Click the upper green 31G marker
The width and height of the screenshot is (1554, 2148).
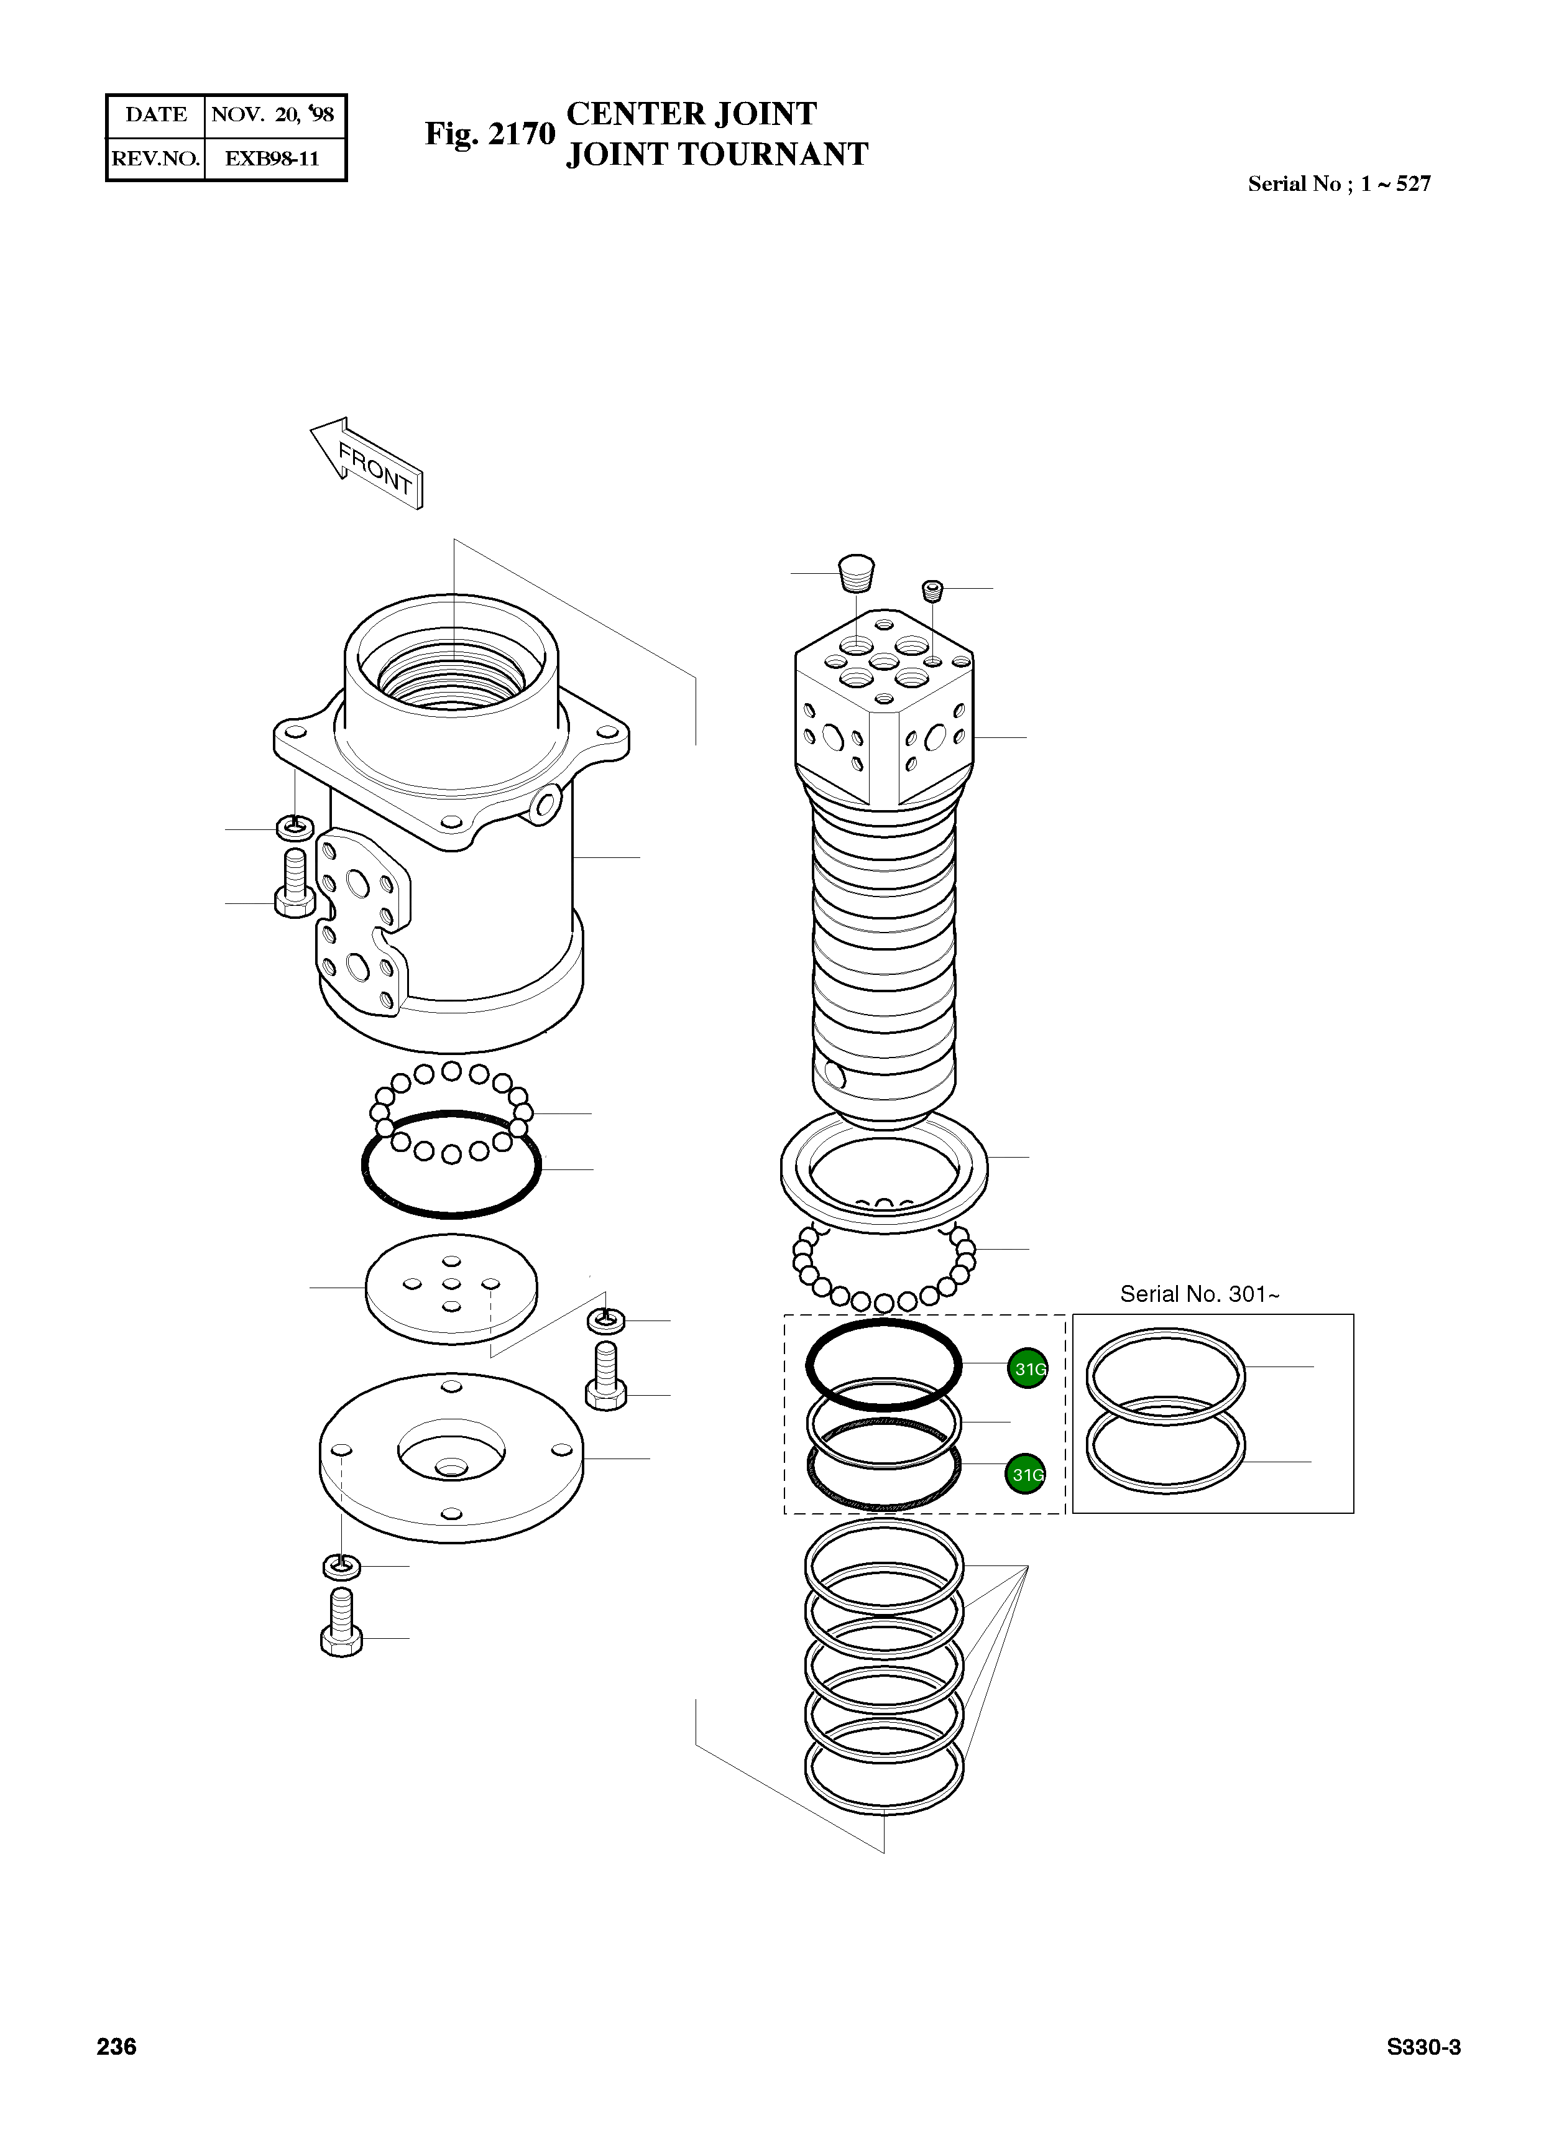(x=1028, y=1368)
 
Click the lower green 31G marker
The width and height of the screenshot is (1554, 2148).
(x=1026, y=1473)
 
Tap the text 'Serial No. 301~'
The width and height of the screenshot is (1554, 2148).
(x=1199, y=1294)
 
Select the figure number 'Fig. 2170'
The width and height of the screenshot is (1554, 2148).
(x=489, y=134)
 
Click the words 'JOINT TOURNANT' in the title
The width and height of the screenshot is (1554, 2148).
(x=717, y=154)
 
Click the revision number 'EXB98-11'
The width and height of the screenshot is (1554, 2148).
(x=272, y=158)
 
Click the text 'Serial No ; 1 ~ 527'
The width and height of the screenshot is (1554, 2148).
(x=1338, y=184)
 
